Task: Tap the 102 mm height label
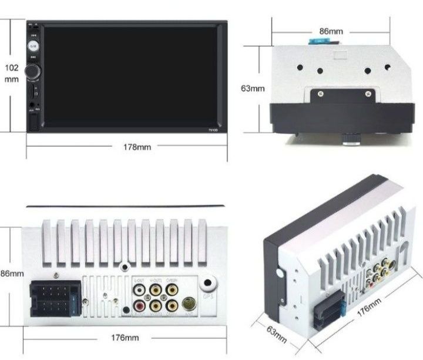pos(12,73)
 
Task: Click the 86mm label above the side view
pos(331,30)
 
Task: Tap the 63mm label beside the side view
pos(253,89)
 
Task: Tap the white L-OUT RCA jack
pos(140,288)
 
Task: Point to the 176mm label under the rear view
pos(125,338)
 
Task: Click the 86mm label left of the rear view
pos(12,274)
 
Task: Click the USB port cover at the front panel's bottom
pos(34,122)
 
